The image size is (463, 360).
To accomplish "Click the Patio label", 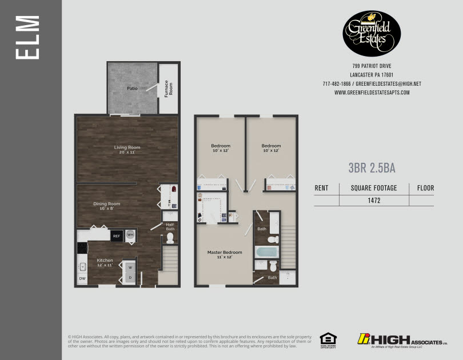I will (x=132, y=89).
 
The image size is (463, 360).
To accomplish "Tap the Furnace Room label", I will (x=169, y=89).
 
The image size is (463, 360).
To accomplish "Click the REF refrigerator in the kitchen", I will (x=117, y=235).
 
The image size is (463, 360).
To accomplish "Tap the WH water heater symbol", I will (x=130, y=235).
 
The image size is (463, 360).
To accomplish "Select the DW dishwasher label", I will (x=82, y=279).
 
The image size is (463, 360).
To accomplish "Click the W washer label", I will (x=129, y=267).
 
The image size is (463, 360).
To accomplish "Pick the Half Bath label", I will (x=170, y=227).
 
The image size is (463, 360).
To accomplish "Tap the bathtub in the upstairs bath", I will (x=266, y=252).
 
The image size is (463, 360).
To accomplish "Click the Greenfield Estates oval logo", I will (x=372, y=34).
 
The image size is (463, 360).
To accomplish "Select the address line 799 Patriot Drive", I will (x=372, y=66).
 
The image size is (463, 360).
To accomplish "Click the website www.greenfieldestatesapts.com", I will (x=372, y=92).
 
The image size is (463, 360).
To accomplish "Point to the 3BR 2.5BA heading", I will (x=372, y=168).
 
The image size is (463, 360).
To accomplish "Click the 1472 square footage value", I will (x=374, y=201).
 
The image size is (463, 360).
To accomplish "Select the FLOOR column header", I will (x=426, y=188).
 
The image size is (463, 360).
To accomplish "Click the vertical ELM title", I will (x=29, y=38).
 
